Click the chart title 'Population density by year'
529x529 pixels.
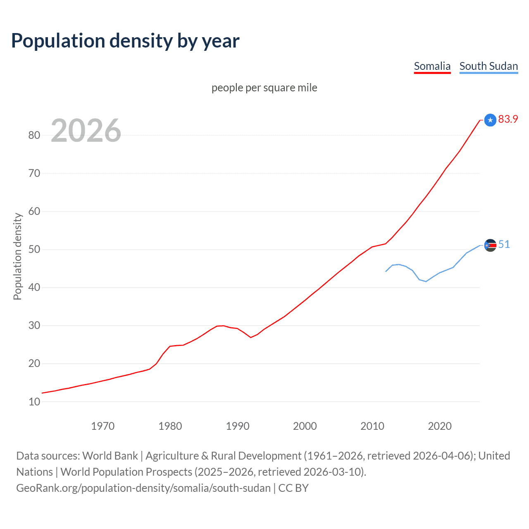click(x=125, y=41)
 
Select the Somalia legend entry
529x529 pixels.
click(x=432, y=66)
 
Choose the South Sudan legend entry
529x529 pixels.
click(x=488, y=66)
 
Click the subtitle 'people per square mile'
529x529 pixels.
click(x=264, y=88)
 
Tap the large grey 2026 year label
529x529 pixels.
click(x=86, y=131)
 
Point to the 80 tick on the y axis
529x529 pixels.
click(x=34, y=135)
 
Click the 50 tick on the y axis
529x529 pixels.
click(x=34, y=249)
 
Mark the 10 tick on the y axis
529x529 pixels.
click(x=34, y=402)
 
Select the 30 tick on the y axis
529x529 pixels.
click(x=34, y=325)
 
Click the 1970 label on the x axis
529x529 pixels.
click(x=102, y=426)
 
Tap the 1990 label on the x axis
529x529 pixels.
click(x=238, y=426)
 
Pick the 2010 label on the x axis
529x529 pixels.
click(x=372, y=426)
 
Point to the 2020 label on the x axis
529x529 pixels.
click(x=440, y=426)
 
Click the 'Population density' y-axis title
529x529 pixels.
click(x=17, y=256)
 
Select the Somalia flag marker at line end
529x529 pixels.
click(x=490, y=120)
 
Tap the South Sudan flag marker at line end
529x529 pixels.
click(x=490, y=245)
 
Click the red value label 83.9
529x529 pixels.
click(x=508, y=119)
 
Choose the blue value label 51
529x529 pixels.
click(x=504, y=245)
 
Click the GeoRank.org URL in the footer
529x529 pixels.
click(x=143, y=488)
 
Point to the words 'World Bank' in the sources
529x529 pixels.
click(x=110, y=456)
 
